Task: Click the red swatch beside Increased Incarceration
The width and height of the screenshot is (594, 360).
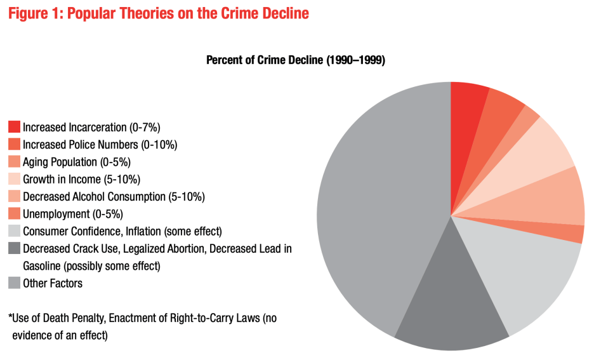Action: click(14, 127)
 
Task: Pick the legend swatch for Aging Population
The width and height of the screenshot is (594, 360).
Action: click(14, 162)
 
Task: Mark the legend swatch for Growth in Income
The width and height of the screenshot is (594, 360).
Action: click(14, 179)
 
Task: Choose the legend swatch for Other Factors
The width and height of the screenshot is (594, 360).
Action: click(14, 283)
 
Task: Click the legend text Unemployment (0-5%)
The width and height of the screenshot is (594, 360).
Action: click(72, 214)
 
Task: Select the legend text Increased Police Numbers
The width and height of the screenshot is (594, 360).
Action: click(100, 145)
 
